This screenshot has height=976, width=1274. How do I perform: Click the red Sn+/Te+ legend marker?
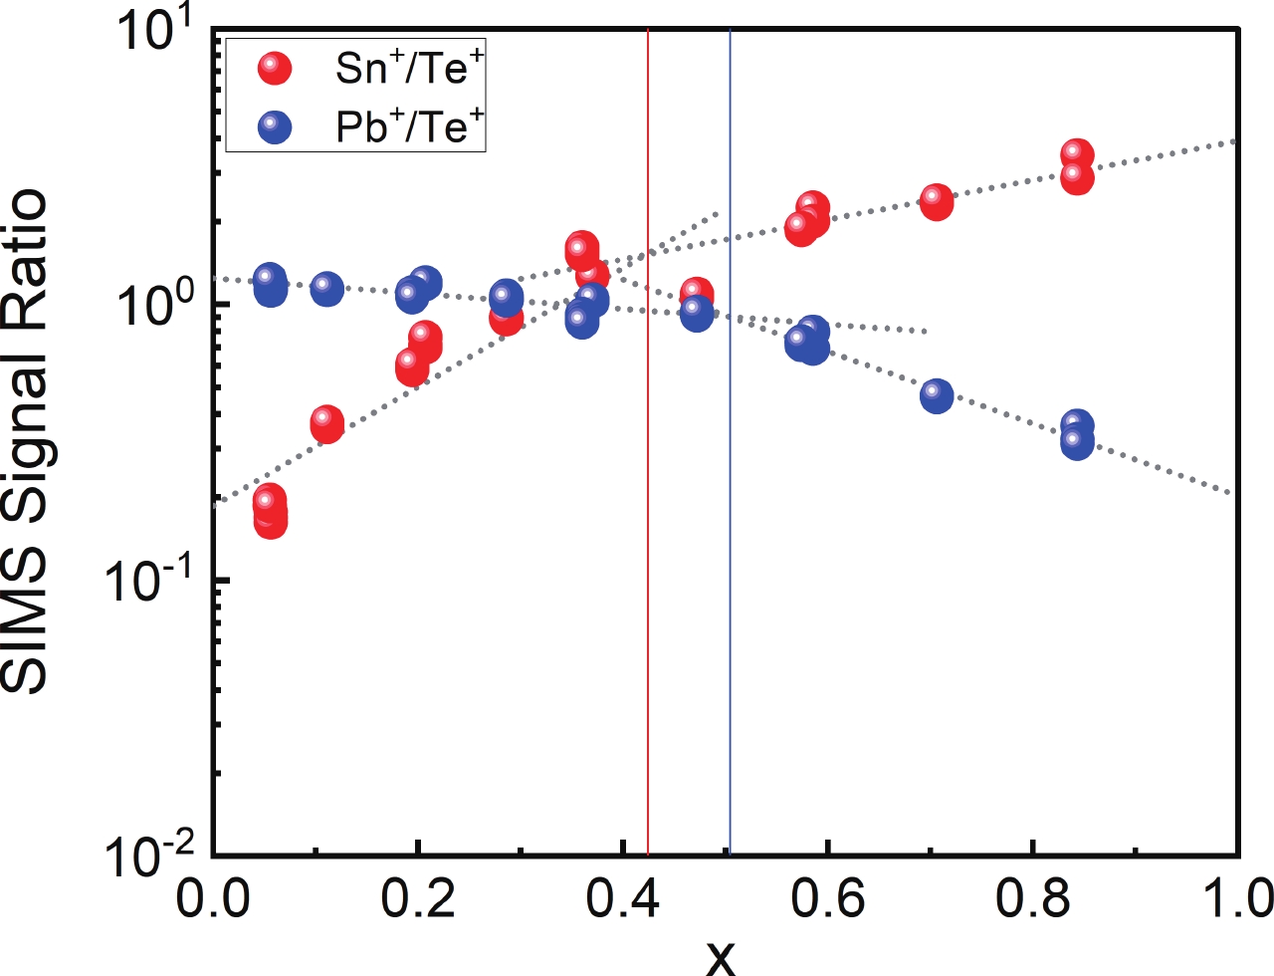[x=274, y=68]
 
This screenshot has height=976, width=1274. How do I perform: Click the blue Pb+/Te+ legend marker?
[x=274, y=126]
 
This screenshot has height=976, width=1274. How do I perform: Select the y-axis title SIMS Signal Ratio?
[x=24, y=441]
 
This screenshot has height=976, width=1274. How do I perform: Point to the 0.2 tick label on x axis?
[x=417, y=899]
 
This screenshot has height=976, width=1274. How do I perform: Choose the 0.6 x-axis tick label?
[x=827, y=899]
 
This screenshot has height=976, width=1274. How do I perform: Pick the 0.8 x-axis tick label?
[x=1032, y=899]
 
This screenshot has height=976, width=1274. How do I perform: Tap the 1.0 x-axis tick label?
[x=1235, y=899]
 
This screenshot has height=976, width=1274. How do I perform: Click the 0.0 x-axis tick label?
[x=212, y=899]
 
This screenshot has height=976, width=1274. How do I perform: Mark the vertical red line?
[x=648, y=498]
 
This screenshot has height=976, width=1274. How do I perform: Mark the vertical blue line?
[x=730, y=498]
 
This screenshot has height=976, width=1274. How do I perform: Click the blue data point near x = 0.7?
[x=936, y=395]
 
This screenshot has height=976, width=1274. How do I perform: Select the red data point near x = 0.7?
[x=936, y=201]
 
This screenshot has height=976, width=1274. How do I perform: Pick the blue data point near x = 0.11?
[x=326, y=289]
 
